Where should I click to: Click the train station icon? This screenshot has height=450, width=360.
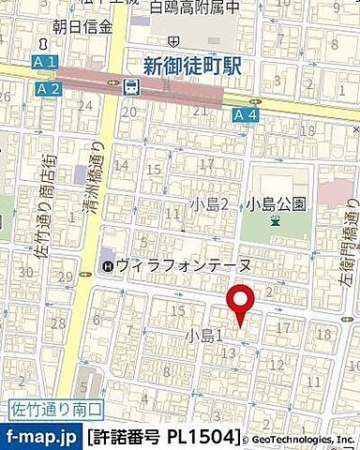click(130, 87)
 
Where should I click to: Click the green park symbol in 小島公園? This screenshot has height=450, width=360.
click(275, 221)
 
